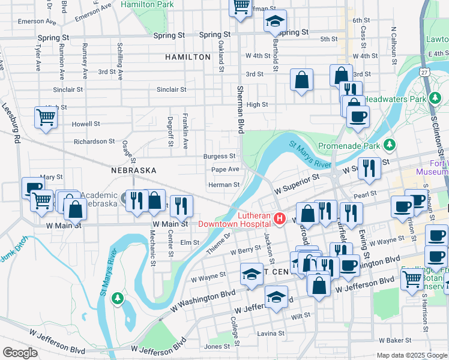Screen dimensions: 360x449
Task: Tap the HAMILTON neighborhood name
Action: click(x=188, y=57)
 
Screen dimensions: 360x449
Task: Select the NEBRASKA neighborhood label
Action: click(x=133, y=170)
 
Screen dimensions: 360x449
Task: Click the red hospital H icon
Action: click(x=278, y=219)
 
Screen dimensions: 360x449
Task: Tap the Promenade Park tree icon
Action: click(x=390, y=145)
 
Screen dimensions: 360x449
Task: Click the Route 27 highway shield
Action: click(x=424, y=72)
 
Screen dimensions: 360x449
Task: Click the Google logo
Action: click(x=20, y=353)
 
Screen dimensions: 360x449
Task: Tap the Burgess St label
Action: click(x=219, y=156)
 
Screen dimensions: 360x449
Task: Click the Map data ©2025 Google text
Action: click(x=411, y=355)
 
